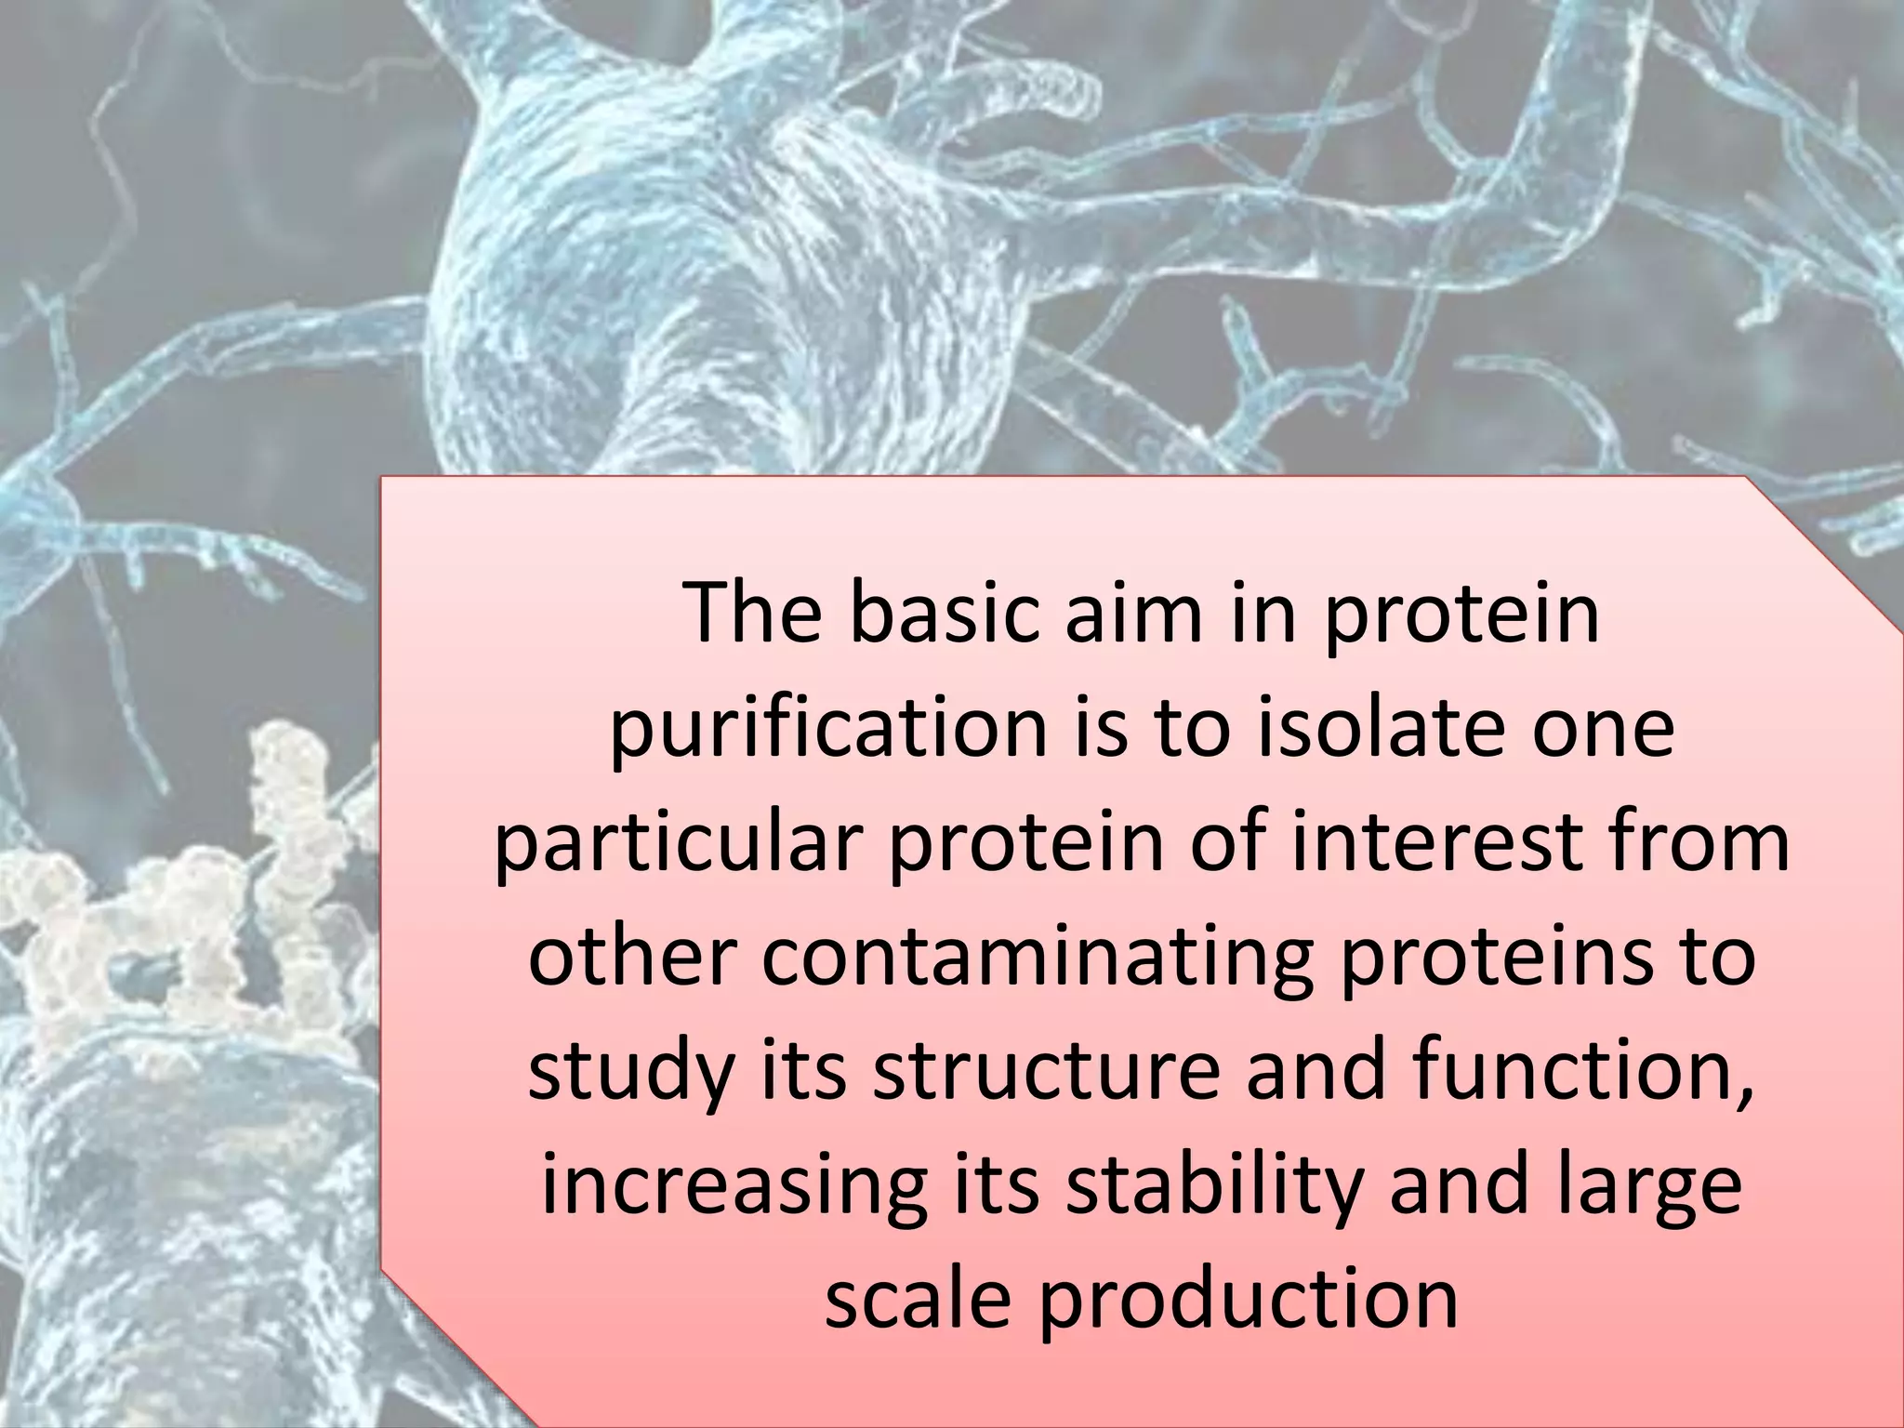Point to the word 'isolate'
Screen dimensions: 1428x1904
(1417, 728)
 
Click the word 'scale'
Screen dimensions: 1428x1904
(917, 1298)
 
